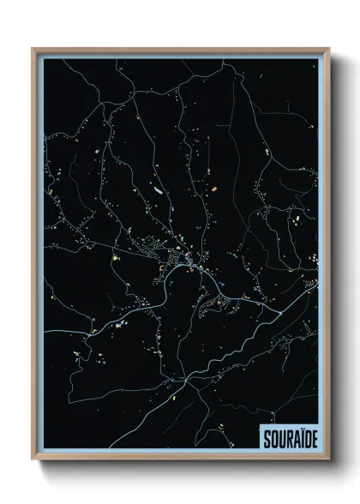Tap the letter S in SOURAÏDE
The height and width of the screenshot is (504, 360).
(261, 436)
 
